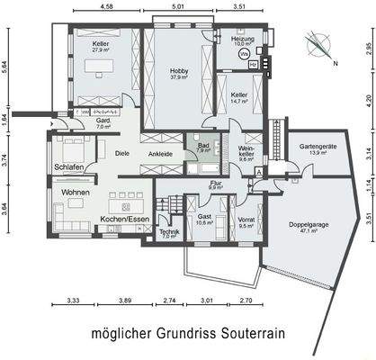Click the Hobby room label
pos(176,72)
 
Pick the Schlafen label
pos(69,167)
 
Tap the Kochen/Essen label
pos(125,219)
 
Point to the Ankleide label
pos(160,153)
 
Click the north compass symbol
pos(316,43)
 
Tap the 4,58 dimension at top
pos(106,6)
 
